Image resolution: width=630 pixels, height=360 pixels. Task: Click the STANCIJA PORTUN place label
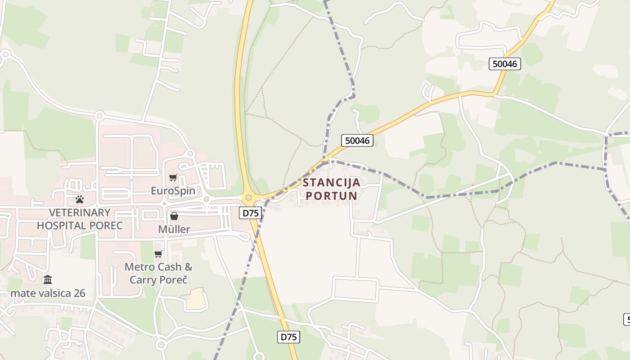[332, 189]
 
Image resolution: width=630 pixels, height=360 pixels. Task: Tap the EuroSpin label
[173, 191]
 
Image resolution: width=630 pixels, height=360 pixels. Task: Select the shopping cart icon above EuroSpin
[173, 178]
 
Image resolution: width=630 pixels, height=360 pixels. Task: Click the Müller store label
[174, 229]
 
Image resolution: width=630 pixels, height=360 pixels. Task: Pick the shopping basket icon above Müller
[174, 216]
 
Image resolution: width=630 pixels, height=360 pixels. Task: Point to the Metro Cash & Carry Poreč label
[158, 273]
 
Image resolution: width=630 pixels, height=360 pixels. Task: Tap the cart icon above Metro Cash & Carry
[158, 254]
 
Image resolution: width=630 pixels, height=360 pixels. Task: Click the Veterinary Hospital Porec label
[80, 219]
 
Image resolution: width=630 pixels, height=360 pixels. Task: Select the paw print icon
[80, 199]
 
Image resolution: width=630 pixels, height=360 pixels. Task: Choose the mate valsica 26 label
[48, 293]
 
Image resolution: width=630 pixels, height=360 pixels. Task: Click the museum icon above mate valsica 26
[48, 280]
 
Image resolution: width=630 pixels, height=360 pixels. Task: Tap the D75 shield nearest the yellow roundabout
[250, 213]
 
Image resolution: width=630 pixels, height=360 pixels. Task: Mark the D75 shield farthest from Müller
[288, 337]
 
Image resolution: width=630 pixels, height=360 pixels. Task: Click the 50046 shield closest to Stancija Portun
[357, 140]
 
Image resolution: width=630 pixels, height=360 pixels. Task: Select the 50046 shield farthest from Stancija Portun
[505, 64]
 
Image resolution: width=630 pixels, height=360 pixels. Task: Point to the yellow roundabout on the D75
[248, 198]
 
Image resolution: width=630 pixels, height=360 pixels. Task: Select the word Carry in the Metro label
[144, 279]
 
